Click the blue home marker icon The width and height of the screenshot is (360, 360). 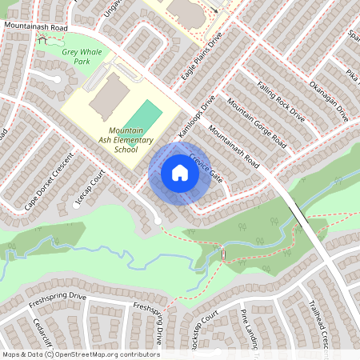pyautogui.click(x=180, y=173)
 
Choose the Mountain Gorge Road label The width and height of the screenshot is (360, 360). pyautogui.click(x=256, y=125)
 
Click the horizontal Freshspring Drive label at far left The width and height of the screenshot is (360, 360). pyautogui.click(x=56, y=297)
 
